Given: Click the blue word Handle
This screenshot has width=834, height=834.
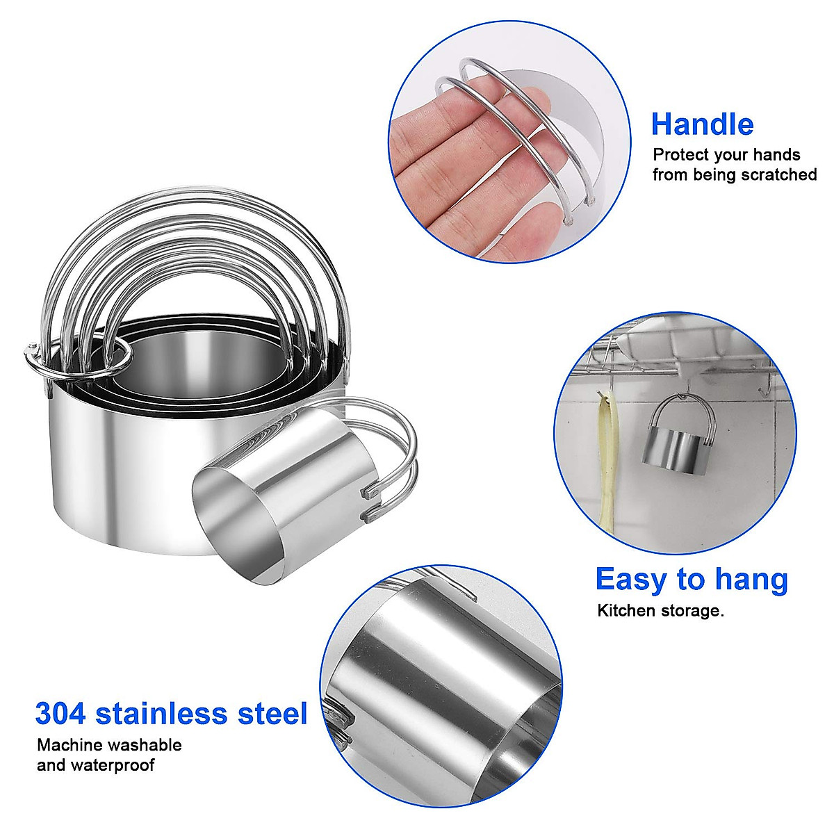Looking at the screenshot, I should pos(702,124).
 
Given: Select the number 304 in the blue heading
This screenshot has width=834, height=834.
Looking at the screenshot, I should pos(60,714).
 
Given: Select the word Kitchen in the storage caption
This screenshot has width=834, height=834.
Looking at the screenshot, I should pos(626,611).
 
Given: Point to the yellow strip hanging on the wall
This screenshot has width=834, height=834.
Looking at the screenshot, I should pos(608,459).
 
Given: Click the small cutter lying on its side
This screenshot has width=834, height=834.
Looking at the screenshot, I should pos(285,486).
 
